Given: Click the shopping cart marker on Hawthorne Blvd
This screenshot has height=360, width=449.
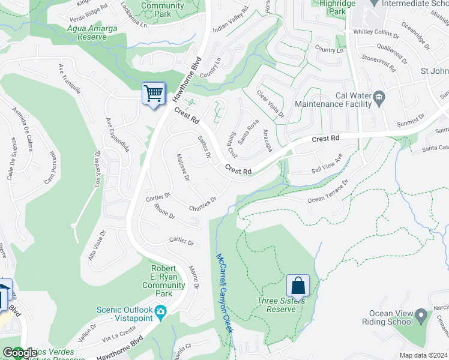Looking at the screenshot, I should pos(154,94).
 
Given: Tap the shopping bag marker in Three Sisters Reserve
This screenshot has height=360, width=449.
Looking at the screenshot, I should pos(298,286).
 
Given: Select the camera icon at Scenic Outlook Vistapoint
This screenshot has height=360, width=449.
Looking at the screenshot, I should pos(160,311).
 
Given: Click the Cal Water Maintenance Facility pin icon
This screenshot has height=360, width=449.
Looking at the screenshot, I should pos(379,98).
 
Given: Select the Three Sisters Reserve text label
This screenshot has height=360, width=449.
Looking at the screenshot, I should pos(277,305).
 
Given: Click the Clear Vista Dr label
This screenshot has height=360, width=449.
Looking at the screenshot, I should pos(270,103).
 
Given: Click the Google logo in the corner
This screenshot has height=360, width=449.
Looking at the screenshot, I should pos(19,353).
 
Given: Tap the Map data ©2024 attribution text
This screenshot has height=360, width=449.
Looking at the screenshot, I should pos(424,355).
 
